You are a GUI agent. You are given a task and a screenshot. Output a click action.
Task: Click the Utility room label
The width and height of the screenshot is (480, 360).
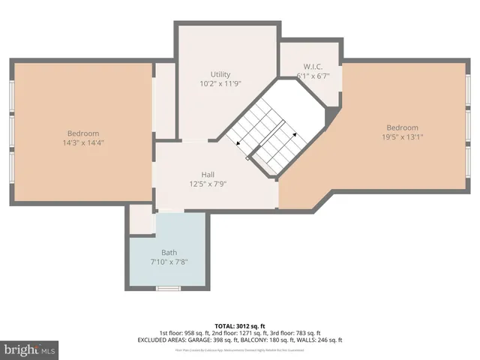click(x=220, y=75)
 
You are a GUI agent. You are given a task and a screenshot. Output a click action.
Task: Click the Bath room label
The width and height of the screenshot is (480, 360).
click(x=169, y=252)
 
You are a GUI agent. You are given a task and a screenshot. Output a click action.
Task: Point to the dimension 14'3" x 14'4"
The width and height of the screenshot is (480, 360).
click(x=82, y=142)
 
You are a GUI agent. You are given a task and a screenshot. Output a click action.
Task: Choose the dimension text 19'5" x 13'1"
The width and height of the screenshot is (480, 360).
click(x=403, y=137)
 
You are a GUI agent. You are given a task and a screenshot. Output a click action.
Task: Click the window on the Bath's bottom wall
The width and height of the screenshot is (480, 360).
click(x=168, y=288)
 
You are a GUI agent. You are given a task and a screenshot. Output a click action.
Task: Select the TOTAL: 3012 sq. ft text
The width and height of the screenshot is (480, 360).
click(x=239, y=325)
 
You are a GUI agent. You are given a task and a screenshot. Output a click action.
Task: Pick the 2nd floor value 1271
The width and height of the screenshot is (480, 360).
click(x=244, y=333)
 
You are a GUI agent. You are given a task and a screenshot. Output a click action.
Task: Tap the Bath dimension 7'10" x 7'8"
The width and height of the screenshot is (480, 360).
click(x=169, y=262)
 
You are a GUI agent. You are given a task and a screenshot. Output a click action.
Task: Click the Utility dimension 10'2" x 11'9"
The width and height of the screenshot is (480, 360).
click(x=220, y=85)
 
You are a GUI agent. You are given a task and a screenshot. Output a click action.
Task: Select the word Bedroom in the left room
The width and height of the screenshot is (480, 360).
click(x=82, y=133)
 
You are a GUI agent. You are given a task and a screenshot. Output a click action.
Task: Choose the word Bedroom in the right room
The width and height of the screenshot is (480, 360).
click(x=403, y=127)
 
